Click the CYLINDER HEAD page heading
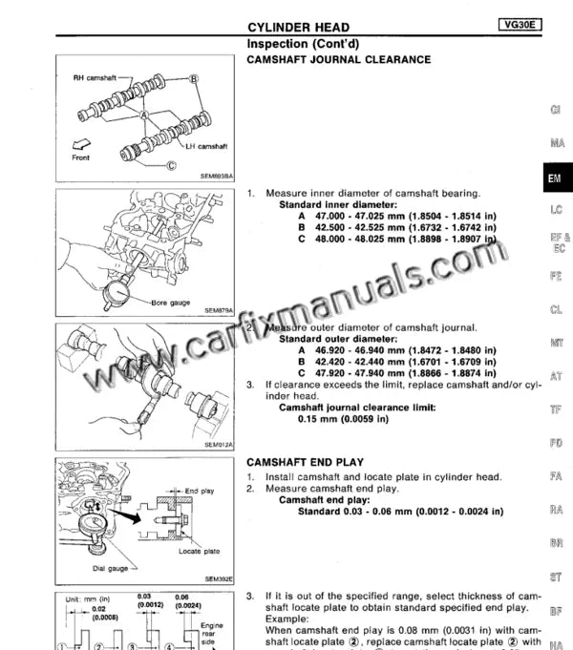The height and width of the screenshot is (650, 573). (298, 28)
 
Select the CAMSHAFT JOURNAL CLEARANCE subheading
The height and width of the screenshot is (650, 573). (338, 59)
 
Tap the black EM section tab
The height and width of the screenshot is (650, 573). (554, 178)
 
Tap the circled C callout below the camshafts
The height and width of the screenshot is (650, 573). (172, 164)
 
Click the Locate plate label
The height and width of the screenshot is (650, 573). (199, 551)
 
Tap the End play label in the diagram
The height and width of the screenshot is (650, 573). (199, 492)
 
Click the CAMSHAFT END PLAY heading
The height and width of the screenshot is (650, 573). (305, 462)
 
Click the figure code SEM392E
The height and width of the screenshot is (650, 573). (219, 578)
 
